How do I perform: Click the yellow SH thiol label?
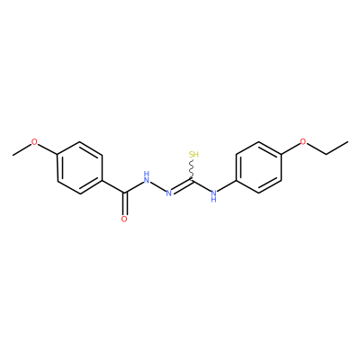(193, 155)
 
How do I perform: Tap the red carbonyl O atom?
(124, 219)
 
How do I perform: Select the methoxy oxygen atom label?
(35, 142)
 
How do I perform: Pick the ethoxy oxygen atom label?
(303, 141)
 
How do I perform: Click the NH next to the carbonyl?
(147, 177)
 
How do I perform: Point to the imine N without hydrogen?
(169, 193)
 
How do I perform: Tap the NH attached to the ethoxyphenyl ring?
(213, 195)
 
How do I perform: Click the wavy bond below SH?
(192, 169)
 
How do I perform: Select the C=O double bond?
(124, 203)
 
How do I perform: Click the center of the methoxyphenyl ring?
(80, 168)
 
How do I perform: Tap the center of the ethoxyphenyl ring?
(258, 167)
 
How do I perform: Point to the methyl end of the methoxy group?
(13, 155)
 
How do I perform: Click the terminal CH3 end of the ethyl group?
(348, 141)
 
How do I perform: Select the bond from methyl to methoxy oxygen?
(22, 149)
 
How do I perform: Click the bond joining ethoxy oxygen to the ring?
(291, 148)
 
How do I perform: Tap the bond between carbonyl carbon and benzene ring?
(113, 186)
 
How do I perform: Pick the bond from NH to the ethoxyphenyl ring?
(227, 186)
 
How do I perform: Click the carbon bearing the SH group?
(192, 180)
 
